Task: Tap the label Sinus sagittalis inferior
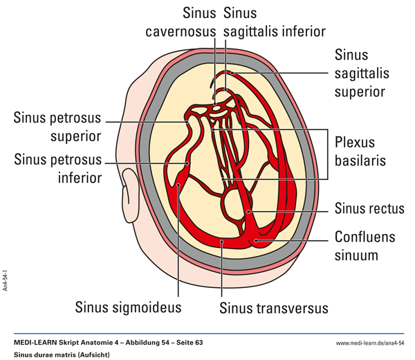[275, 22]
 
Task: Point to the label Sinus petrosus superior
[57, 125]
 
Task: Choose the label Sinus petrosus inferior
[57, 168]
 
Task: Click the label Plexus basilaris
[364, 151]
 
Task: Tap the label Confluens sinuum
[365, 246]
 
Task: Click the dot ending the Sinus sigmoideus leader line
[178, 185]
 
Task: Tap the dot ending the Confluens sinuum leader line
[256, 241]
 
